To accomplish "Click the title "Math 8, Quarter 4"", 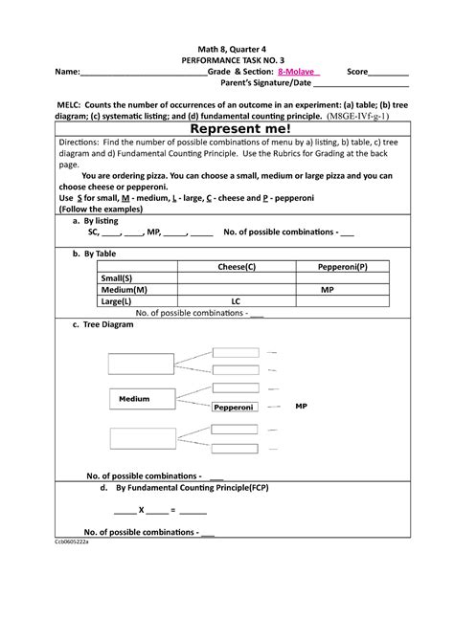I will point(227,46).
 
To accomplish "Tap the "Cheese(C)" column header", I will point(236,266).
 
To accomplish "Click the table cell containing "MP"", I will point(328,289).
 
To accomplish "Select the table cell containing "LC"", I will point(236,300).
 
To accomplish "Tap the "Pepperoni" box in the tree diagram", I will point(234,407).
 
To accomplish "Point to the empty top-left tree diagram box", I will point(141,363).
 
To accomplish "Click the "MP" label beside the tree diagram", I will point(301,406).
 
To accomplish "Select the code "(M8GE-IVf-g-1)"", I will point(358,113).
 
